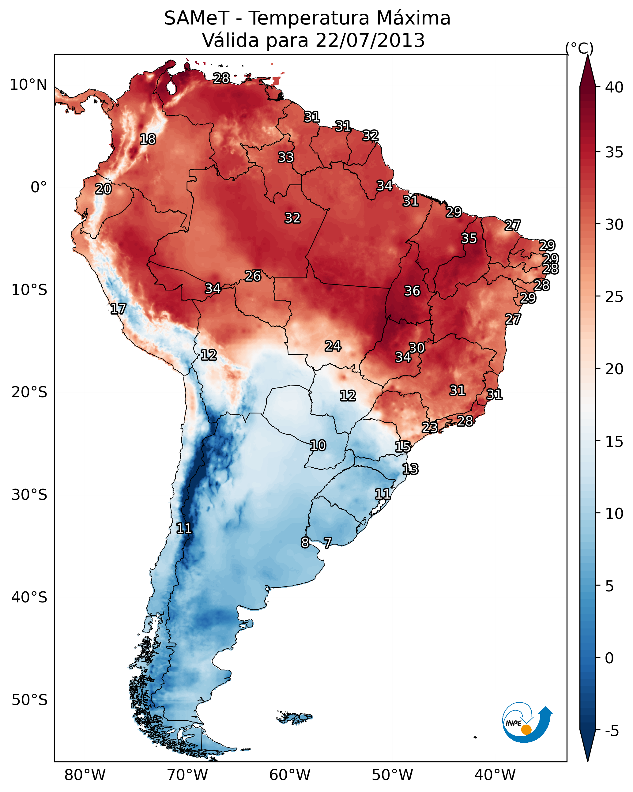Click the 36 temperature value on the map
[412, 291]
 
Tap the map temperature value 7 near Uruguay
[328, 543]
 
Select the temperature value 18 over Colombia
[148, 139]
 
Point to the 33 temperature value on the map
[286, 157]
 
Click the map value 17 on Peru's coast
[118, 309]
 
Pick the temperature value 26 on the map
[253, 276]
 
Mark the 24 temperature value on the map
[333, 346]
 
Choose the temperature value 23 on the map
[429, 427]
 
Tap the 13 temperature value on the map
[410, 469]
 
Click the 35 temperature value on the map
[469, 238]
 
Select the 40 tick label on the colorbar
[614, 87]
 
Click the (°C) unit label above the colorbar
[579, 48]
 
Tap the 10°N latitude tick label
[28, 85]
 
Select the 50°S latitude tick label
[29, 700]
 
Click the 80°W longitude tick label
[85, 775]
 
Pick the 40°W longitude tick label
[495, 775]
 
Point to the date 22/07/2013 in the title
[370, 40]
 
